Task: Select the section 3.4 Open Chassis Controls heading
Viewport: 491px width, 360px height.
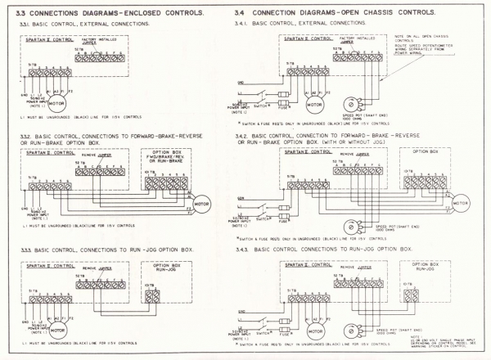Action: [357, 15]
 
